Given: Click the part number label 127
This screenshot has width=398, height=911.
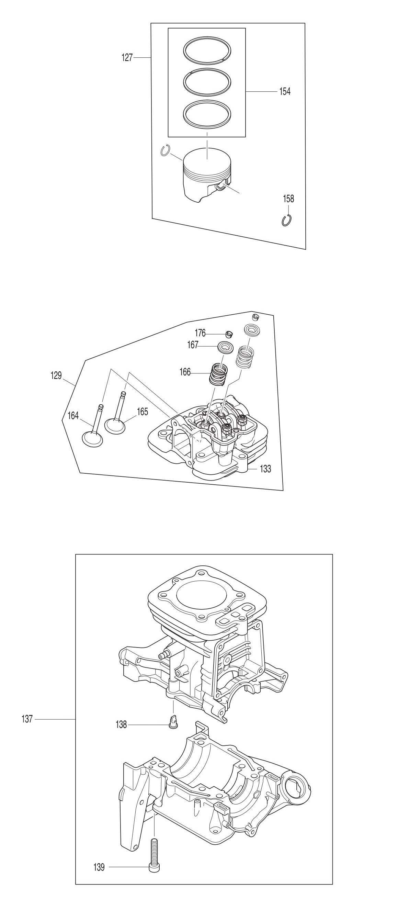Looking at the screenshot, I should (x=127, y=57).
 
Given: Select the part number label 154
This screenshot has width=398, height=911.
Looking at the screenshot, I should (x=285, y=91).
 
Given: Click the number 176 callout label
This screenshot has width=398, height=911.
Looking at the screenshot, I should (x=200, y=333).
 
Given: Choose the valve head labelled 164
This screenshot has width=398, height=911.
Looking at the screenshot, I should (x=93, y=438).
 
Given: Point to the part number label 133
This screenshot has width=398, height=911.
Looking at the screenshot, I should (x=265, y=469).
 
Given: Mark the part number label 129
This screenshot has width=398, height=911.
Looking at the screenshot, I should (x=56, y=375).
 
